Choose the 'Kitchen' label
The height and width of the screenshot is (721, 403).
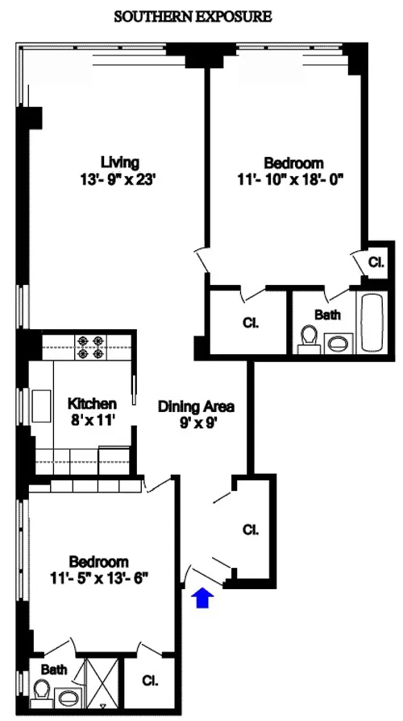[92, 402]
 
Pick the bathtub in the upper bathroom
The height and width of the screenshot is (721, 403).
[372, 323]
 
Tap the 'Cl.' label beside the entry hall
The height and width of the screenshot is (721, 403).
[251, 529]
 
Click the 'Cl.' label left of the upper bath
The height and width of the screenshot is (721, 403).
[250, 323]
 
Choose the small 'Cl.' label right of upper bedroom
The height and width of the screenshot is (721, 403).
[376, 262]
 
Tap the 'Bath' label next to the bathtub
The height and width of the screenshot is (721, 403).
[327, 315]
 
